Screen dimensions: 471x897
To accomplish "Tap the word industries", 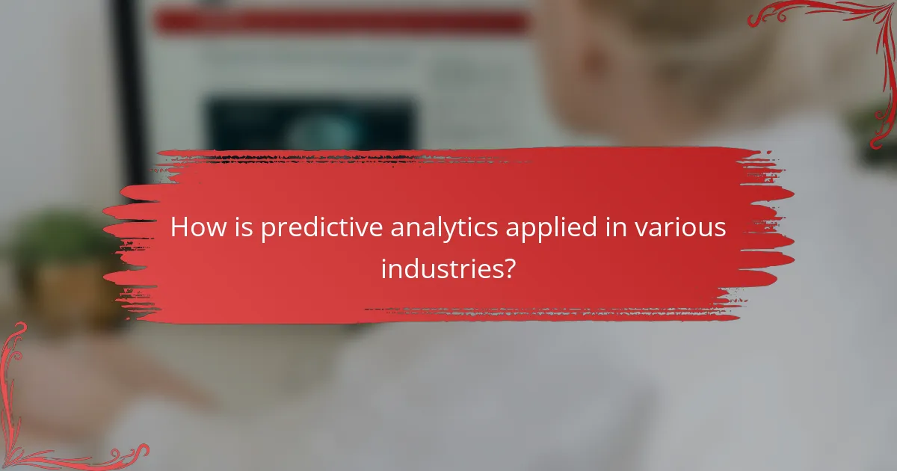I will pos(437,268).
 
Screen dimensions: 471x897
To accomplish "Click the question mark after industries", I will pos(508,268).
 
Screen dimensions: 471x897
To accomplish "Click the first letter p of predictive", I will pos(267,231).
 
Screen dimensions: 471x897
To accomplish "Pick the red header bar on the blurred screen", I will pos(336,22).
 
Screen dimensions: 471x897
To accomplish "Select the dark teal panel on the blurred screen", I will pos(310,123).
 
